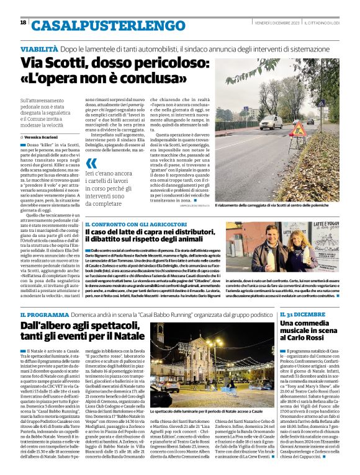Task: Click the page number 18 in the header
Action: [x=24, y=22]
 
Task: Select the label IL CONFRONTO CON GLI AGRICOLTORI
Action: [x=136, y=224]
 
